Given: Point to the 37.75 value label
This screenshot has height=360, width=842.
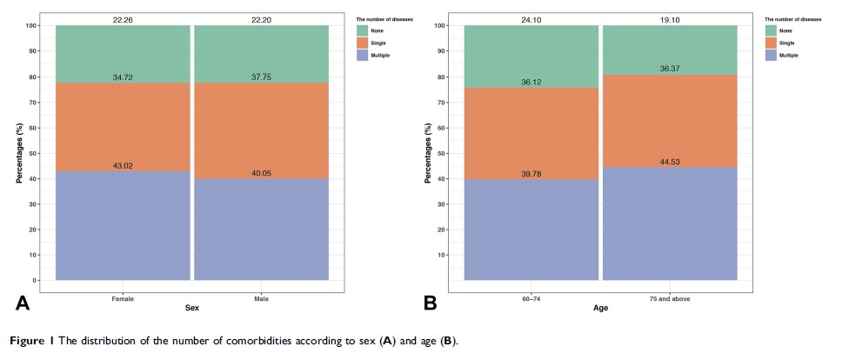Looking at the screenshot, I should pos(261,77).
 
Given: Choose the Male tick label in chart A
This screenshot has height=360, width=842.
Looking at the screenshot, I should pos(261,298).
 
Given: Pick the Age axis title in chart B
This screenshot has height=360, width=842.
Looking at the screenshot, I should pos(601,308).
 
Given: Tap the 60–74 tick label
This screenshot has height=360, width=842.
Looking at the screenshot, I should pos(531,298).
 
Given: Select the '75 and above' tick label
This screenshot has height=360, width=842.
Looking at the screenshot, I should pos(669,298).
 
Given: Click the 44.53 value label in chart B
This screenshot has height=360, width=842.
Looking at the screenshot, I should pos(669,162).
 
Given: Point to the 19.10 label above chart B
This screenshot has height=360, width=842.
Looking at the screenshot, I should pos(669,18).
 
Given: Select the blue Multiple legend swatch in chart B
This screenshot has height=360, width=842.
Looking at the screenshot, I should pos(772,55).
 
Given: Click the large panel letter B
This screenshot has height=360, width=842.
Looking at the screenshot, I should pos(430,303).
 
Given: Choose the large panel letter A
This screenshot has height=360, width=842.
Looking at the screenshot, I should pos(23,303).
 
